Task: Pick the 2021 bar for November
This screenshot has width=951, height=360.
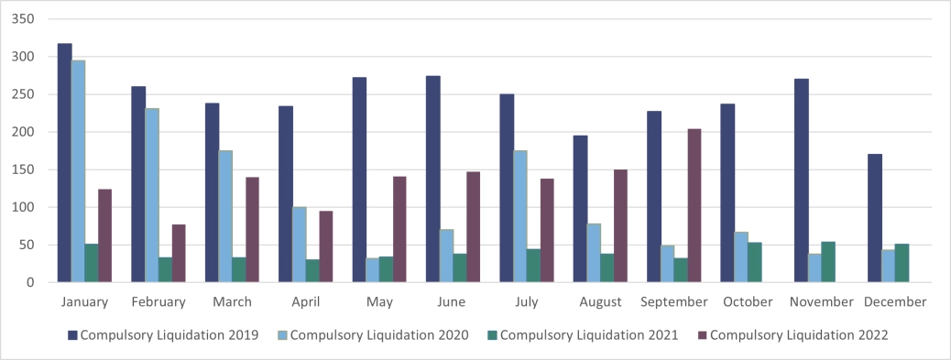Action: pyautogui.click(x=828, y=262)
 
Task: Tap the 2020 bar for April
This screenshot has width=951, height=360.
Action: pyautogui.click(x=299, y=245)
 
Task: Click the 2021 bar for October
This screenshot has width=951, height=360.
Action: pyautogui.click(x=754, y=262)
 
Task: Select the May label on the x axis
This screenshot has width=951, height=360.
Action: pyautogui.click(x=378, y=301)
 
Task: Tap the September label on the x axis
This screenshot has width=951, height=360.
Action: pyautogui.click(x=673, y=301)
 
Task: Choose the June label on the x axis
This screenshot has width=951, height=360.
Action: pyautogui.click(x=452, y=301)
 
